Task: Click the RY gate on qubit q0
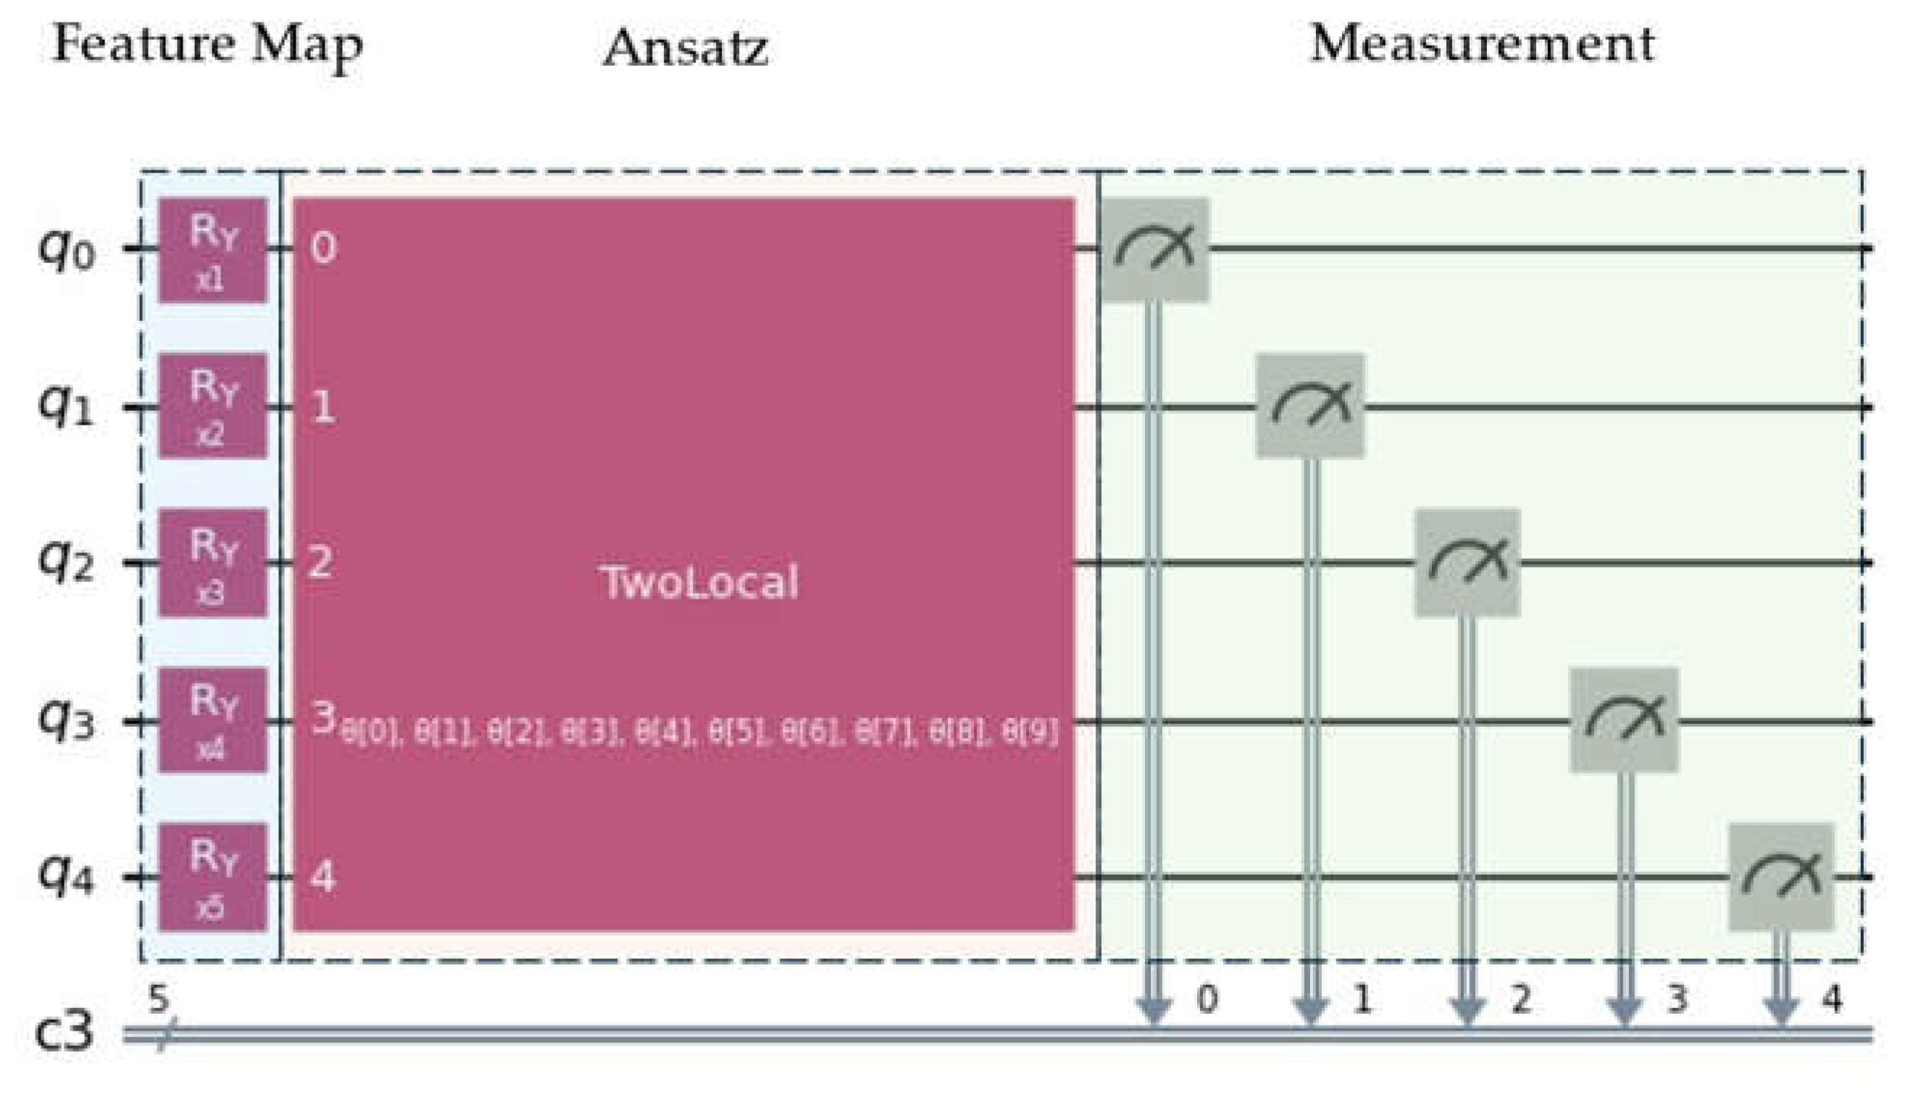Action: (213, 250)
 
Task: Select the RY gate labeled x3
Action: (213, 562)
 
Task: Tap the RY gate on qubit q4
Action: (213, 876)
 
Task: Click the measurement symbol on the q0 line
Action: (1154, 249)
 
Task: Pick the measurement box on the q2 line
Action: (1467, 562)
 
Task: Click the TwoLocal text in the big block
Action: (699, 583)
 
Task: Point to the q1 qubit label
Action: (66, 407)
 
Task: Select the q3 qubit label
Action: (66, 720)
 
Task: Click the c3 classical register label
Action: (65, 1031)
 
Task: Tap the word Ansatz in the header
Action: (686, 47)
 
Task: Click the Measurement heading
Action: (1482, 43)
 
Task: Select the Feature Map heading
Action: (207, 46)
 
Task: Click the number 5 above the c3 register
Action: (157, 999)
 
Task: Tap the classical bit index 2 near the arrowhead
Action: (1520, 999)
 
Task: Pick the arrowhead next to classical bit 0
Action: (1154, 1010)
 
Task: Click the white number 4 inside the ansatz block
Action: (322, 876)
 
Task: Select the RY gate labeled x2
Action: (213, 406)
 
